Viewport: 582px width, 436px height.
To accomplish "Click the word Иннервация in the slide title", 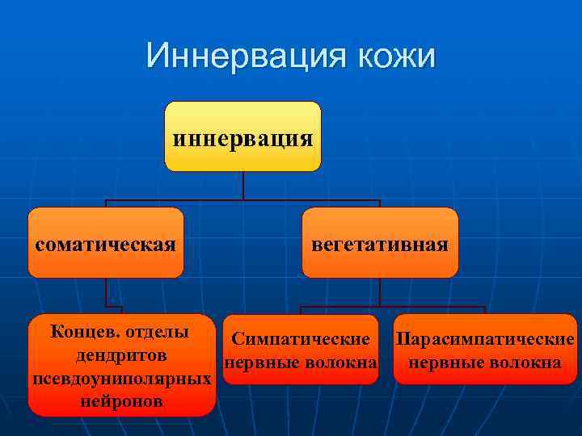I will [235, 57].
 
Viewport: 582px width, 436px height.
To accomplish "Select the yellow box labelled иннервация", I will [242, 136].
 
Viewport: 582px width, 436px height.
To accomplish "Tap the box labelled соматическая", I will [106, 243].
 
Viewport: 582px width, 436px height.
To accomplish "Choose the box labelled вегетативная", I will [380, 243].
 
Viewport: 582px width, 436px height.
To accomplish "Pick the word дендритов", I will [121, 355].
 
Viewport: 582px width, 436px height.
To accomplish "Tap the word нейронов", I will [121, 400].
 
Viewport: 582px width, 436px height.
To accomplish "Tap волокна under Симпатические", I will [341, 363].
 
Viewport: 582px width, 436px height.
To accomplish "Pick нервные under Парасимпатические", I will [445, 363].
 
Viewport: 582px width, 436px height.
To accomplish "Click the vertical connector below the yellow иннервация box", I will [243, 186].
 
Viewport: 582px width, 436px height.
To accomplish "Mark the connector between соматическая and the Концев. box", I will [106, 296].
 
